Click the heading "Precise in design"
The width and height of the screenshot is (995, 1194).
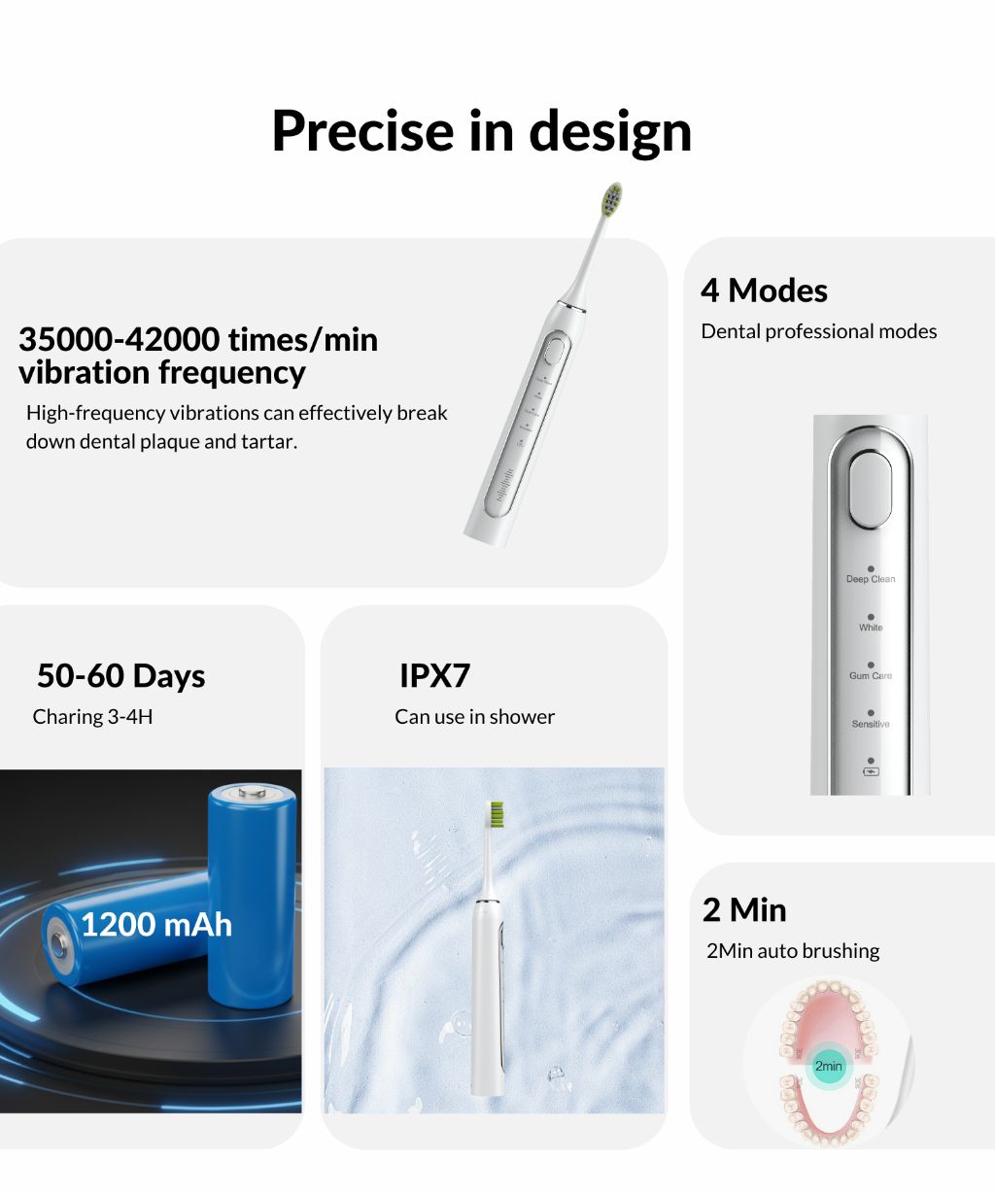[x=481, y=131]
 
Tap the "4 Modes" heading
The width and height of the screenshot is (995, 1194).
[x=764, y=290]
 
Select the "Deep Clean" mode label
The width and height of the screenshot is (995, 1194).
[x=871, y=579]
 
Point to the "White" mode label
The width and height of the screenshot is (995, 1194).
[x=871, y=628]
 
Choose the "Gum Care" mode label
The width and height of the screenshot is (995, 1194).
[x=871, y=675]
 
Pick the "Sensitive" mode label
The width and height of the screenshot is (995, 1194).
[x=871, y=724]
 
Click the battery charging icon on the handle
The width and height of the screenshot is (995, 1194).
[x=871, y=772]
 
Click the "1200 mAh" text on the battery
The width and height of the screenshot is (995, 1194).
[x=156, y=924]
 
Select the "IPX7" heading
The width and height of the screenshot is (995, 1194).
[x=434, y=675]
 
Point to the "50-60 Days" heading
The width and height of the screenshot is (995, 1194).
[x=121, y=675]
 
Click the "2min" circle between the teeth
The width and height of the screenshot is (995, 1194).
[x=829, y=1066]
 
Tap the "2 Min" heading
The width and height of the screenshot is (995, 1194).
[x=744, y=910]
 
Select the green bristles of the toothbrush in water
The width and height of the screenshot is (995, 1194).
[x=496, y=814]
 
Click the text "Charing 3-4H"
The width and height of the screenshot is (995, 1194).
[x=92, y=717]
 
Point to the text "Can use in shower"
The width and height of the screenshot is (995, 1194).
[x=474, y=717]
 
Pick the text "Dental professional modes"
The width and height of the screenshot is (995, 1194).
[x=818, y=331]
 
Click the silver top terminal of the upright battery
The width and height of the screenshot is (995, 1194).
[x=253, y=791]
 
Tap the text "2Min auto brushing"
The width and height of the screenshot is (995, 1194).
[x=793, y=951]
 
